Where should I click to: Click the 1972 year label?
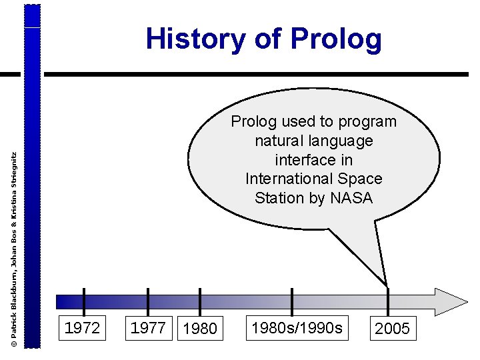83,328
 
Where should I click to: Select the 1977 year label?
148,328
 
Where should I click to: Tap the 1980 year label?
200,329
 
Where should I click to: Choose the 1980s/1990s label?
297,328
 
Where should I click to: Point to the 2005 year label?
393,329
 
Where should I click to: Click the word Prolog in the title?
336,40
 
